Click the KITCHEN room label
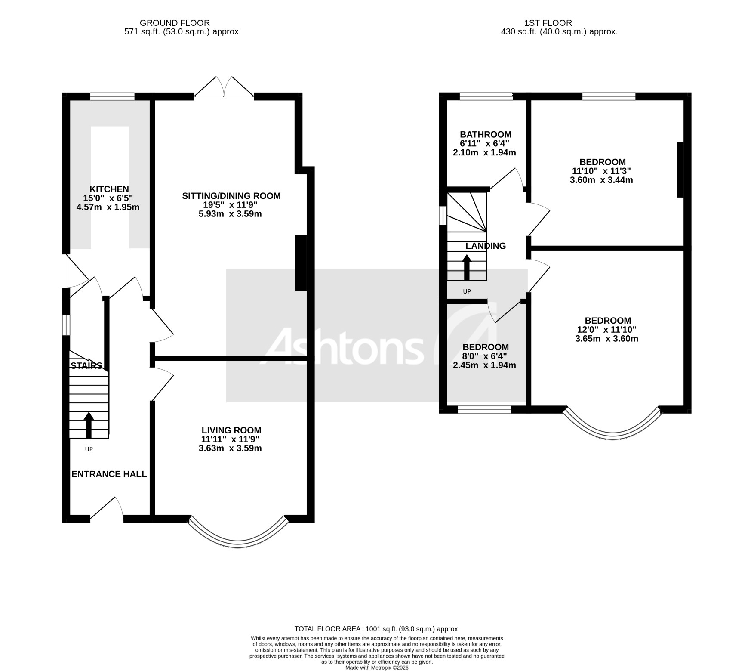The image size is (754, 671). point(109,189)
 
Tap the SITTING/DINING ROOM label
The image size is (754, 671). point(231,196)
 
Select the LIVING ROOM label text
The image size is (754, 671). point(231,430)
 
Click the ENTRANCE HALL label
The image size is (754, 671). point(109,474)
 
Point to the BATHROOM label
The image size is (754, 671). point(485,134)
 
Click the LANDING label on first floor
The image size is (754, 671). point(486,246)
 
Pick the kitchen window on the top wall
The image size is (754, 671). point(112,96)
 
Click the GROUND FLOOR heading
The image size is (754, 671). point(175,23)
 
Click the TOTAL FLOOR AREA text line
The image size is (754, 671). point(376,629)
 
